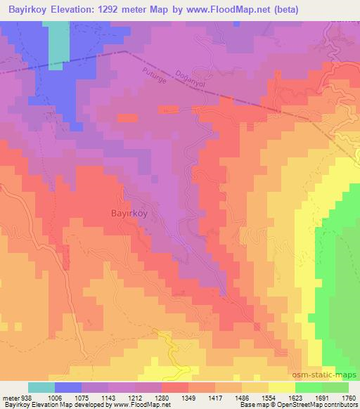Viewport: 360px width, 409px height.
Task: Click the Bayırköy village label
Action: [x=128, y=213]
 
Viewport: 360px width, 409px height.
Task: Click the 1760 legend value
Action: [x=346, y=397]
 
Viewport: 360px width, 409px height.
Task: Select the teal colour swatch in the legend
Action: [x=41, y=387]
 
